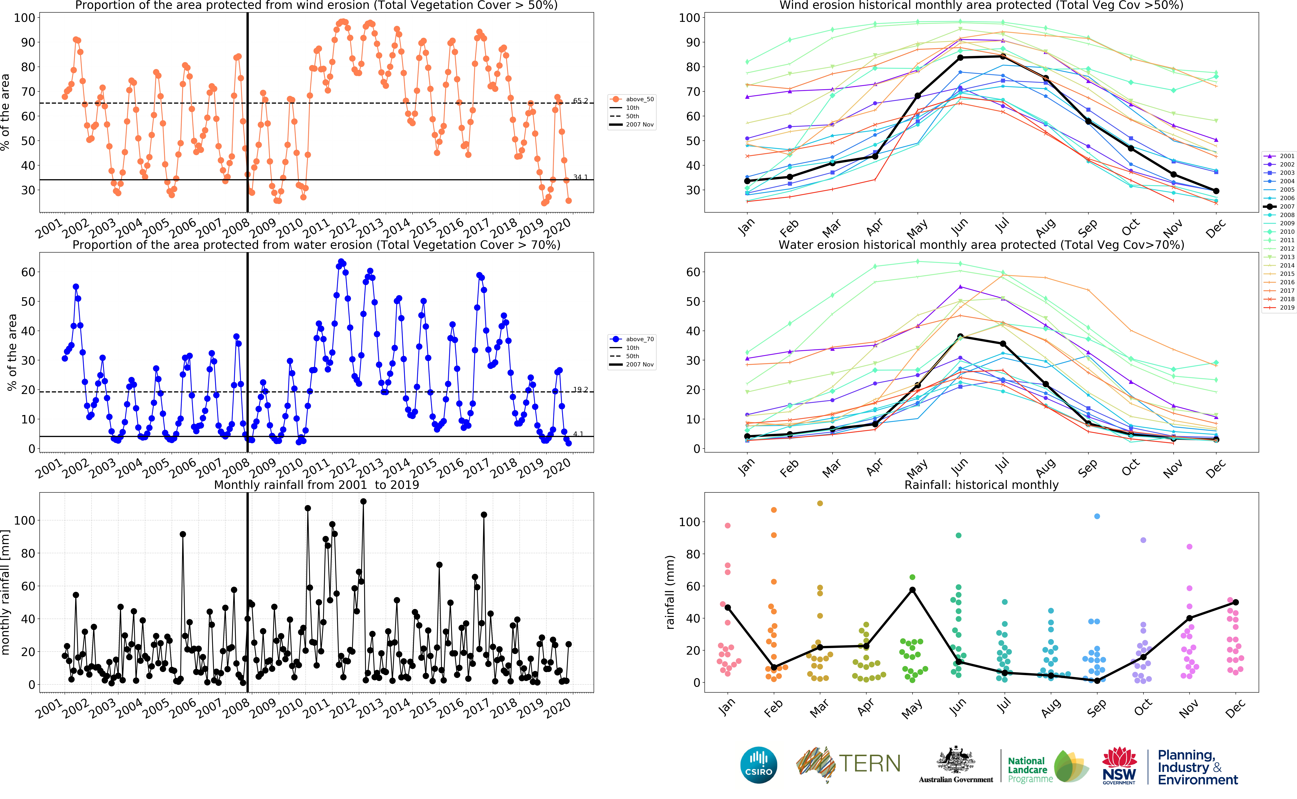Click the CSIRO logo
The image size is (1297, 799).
pyautogui.click(x=759, y=765)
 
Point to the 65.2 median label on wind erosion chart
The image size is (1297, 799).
pyautogui.click(x=580, y=100)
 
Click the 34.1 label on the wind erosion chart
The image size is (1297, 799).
pyautogui.click(x=580, y=177)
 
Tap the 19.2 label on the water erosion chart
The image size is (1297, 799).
pyautogui.click(x=580, y=389)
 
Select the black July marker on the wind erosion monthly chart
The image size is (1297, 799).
pyautogui.click(x=1003, y=57)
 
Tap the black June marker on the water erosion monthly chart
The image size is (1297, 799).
pyautogui.click(x=960, y=337)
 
